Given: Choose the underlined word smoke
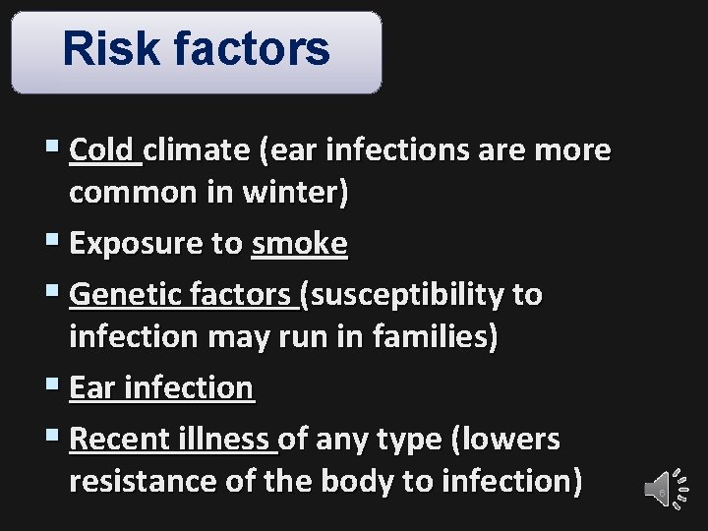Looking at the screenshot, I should (299, 244).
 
